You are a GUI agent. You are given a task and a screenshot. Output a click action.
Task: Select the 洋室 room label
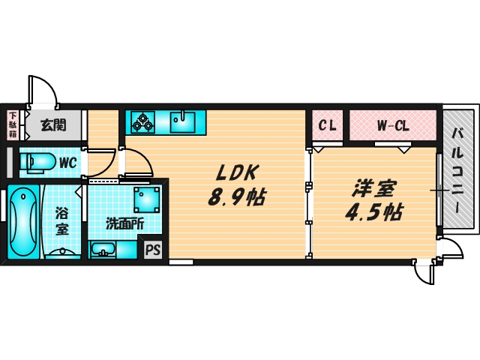[371, 187]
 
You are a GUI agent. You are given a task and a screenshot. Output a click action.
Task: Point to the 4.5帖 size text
[372, 212]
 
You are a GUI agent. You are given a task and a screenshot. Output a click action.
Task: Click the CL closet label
[327, 125]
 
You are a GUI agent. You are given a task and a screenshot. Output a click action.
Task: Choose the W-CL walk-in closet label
[392, 125]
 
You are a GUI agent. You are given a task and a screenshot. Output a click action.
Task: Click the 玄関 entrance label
[52, 124]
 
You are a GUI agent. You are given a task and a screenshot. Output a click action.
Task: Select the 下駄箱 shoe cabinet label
[13, 124]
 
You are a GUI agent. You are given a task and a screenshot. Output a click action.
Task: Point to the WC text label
[67, 162]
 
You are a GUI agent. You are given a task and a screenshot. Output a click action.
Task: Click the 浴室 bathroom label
[62, 221]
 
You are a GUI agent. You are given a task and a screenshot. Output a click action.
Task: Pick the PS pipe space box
[153, 250]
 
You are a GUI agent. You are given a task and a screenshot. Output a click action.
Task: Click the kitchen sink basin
[182, 121]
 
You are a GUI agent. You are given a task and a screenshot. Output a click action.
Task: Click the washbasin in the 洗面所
[103, 249]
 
